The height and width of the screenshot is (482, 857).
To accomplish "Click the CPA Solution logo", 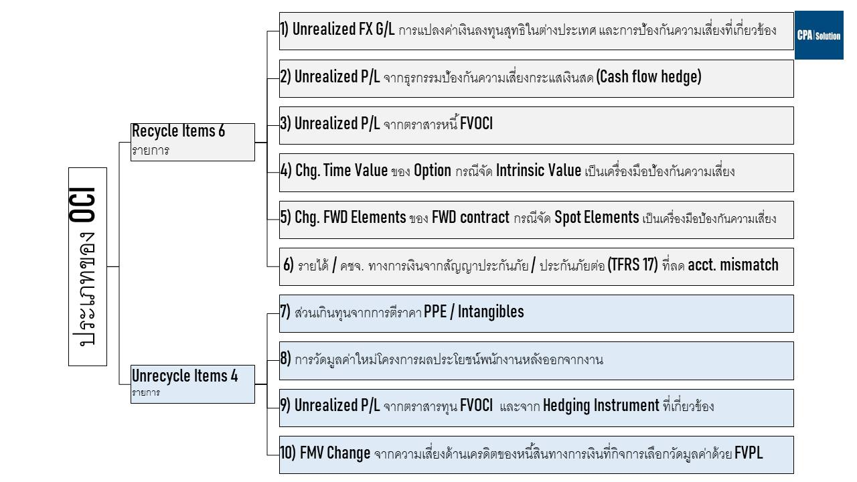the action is pyautogui.click(x=819, y=35).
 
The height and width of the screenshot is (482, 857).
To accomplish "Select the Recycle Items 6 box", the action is pyautogui.click(x=192, y=142).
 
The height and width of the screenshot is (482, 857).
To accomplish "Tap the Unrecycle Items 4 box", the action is pyautogui.click(x=192, y=384).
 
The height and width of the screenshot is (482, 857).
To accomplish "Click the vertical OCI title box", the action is pyautogui.click(x=88, y=266).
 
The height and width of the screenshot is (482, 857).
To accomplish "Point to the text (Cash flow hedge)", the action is pyautogui.click(x=649, y=76).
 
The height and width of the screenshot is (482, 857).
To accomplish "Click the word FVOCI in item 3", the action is pyautogui.click(x=476, y=124).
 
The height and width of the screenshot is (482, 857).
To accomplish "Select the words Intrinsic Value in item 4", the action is pyautogui.click(x=538, y=170).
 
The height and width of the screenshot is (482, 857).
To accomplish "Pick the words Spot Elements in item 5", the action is pyautogui.click(x=597, y=218).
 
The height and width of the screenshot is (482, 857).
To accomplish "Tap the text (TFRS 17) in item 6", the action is pyautogui.click(x=633, y=264).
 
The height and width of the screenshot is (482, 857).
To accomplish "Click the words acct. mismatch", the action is pyautogui.click(x=733, y=264).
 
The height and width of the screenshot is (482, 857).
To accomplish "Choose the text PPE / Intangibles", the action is pyautogui.click(x=473, y=311).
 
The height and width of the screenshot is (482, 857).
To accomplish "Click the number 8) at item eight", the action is pyautogui.click(x=285, y=358).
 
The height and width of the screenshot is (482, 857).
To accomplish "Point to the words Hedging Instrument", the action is pyautogui.click(x=601, y=406).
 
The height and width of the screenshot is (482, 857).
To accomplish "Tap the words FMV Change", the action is pyautogui.click(x=335, y=453).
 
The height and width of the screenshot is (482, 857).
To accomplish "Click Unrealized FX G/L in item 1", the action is pyautogui.click(x=343, y=29).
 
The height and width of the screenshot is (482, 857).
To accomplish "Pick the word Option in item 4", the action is pyautogui.click(x=433, y=171).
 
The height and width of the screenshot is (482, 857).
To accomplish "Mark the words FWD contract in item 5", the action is pyautogui.click(x=471, y=218).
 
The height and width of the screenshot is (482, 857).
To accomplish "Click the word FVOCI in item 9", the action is pyautogui.click(x=476, y=406).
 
